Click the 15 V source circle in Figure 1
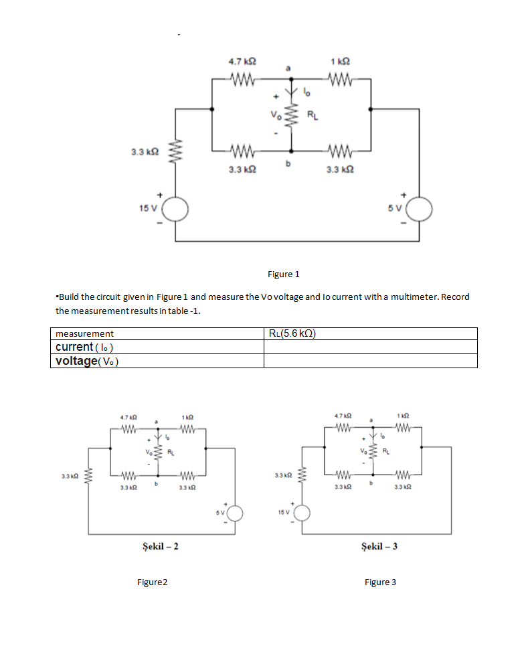coord(176,211)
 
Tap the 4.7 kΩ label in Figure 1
coord(241,62)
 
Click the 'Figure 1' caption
coord(284,274)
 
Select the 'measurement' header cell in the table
coord(84,333)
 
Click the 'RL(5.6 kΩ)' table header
coord(292,333)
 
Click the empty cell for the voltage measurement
coord(370,361)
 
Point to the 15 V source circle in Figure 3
coord(302,513)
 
